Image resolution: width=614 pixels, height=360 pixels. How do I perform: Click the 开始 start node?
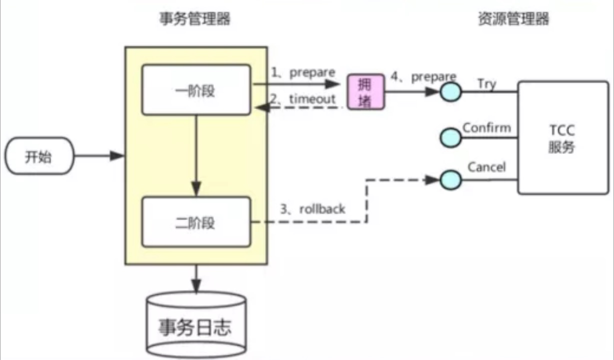pos(39,156)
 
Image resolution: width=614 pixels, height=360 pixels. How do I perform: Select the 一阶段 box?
pos(196,90)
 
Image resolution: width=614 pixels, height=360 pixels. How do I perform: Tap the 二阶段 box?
pos(196,221)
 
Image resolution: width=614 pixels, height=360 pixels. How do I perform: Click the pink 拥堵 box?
pos(366,92)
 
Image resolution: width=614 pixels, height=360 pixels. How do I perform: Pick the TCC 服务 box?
pos(562,138)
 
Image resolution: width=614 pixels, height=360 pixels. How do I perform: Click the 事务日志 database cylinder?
pos(196,325)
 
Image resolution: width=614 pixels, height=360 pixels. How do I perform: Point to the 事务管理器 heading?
pos(195,19)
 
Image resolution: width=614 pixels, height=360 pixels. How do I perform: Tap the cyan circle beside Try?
pos(451,92)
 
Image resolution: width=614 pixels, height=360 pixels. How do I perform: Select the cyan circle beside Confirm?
pos(451,136)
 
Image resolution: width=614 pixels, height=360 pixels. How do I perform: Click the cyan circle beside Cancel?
pos(451,179)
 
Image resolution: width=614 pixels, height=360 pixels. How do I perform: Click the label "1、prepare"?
pos(303,72)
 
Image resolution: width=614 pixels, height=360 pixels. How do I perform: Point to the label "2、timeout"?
pos(303,99)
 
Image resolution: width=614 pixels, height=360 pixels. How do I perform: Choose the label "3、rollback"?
pos(312,209)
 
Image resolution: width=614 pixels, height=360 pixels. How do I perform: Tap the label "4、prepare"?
pos(424,77)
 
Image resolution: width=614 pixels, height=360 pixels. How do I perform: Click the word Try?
pos(486,83)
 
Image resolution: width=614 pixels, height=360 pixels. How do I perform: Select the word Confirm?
pos(486,127)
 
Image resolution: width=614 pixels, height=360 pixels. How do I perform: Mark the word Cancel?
pos(486,167)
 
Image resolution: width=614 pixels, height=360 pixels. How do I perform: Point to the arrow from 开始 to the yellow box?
pos(99,156)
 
